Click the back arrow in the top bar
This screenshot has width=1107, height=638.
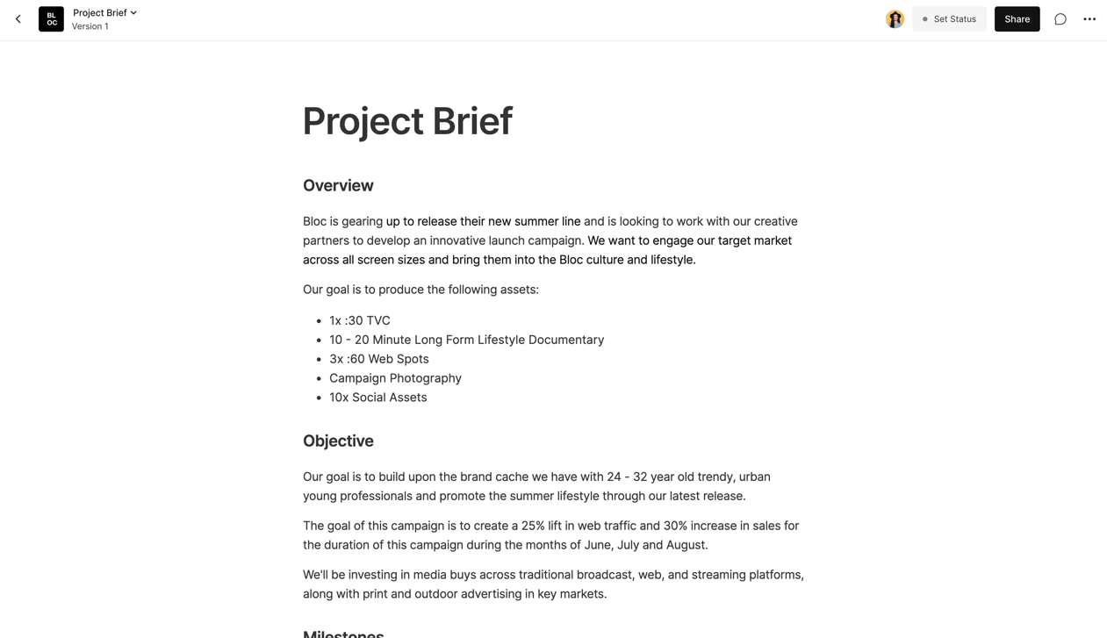tap(18, 19)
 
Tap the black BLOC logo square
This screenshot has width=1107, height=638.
tap(51, 19)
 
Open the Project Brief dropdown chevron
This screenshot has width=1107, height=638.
tap(133, 13)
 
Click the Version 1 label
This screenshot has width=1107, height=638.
tap(90, 26)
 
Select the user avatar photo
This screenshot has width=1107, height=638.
tap(895, 19)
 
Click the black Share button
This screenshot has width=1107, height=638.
tap(1017, 19)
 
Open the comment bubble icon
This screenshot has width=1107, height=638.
tap(1060, 19)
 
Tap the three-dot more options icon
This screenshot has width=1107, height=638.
tap(1089, 19)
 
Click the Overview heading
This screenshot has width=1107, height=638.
tap(338, 185)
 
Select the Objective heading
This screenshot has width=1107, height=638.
tap(338, 441)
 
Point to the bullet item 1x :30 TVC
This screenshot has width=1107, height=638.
tap(360, 321)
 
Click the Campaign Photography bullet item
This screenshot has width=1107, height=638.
tap(395, 378)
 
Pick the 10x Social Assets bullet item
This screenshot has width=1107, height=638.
tap(377, 398)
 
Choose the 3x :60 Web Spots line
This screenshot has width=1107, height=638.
tap(379, 359)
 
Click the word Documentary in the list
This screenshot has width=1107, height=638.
tap(560, 341)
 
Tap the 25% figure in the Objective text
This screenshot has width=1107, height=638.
tap(533, 527)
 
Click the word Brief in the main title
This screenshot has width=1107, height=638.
tap(472, 122)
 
